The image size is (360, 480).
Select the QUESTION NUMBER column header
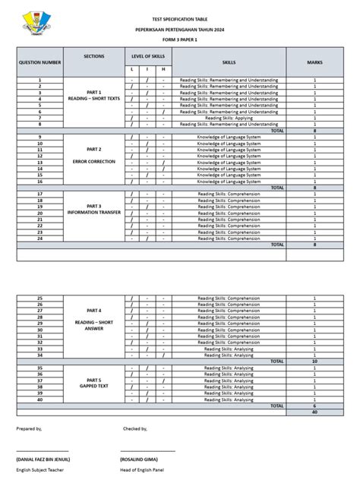click(x=39, y=62)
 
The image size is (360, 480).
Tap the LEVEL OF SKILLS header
click(x=148, y=57)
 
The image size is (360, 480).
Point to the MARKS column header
click(x=314, y=62)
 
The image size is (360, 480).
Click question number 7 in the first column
click(x=39, y=118)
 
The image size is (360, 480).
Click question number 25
click(x=39, y=298)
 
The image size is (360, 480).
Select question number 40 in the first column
click(x=39, y=399)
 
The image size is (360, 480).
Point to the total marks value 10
click(x=314, y=362)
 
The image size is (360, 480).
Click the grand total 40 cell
click(x=314, y=412)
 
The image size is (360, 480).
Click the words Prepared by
click(x=30, y=428)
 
